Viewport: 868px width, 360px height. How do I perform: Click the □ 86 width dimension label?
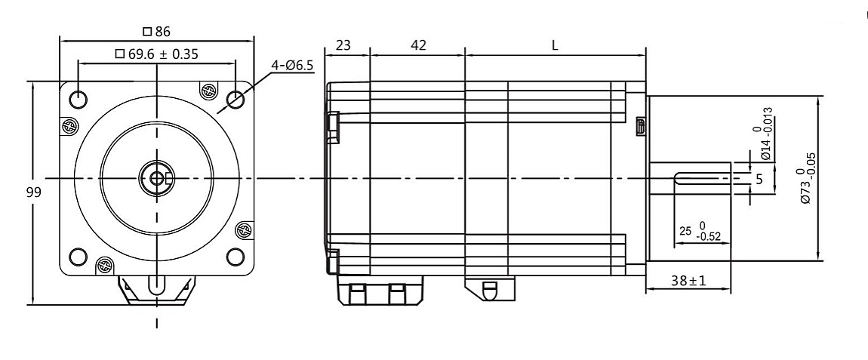[157, 32]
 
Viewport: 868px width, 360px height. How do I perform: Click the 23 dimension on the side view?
[343, 45]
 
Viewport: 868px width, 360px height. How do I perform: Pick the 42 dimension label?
[417, 45]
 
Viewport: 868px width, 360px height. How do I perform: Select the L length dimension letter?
[555, 45]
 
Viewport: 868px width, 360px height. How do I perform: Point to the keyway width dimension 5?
[759, 180]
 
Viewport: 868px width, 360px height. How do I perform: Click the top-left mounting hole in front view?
[78, 98]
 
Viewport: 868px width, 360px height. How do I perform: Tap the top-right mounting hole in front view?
[235, 98]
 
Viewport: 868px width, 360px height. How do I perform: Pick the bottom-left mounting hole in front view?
[78, 257]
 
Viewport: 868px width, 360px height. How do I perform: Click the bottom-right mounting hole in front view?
[235, 257]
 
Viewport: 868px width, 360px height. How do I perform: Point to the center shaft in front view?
[156, 178]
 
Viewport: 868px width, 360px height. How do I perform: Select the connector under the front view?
[156, 290]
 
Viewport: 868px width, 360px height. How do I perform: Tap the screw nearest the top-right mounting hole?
[206, 91]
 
